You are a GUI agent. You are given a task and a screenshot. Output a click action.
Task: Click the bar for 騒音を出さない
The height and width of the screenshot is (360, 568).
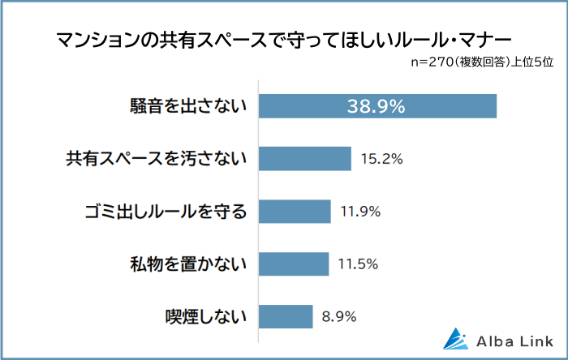click(x=377, y=106)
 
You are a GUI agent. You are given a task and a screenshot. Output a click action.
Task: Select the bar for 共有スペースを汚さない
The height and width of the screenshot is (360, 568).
click(x=304, y=159)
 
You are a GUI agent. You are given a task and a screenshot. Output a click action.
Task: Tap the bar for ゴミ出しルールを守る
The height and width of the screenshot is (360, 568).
click(x=295, y=212)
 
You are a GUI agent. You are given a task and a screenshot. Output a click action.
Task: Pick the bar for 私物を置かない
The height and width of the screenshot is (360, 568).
click(x=293, y=264)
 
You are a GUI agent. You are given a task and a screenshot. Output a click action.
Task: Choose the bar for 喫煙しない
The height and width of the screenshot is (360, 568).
click(x=286, y=316)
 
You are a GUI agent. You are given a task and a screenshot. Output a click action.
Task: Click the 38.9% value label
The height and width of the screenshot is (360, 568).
click(x=377, y=106)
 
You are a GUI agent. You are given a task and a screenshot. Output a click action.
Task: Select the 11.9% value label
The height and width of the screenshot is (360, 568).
click(x=360, y=212)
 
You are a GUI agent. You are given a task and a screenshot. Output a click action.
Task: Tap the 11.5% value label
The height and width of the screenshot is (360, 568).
click(x=359, y=264)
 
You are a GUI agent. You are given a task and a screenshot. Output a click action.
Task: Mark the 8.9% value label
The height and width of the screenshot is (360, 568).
click(x=339, y=316)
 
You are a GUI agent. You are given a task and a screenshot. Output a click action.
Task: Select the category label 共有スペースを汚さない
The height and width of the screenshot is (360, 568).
click(x=155, y=159)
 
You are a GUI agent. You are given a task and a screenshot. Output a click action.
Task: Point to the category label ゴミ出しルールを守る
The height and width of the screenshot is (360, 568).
click(x=165, y=212)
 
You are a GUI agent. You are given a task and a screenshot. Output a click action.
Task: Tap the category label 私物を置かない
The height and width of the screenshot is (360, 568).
click(x=187, y=264)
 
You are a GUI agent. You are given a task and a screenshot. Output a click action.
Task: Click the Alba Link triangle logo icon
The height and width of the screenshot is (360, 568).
click(x=457, y=338)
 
